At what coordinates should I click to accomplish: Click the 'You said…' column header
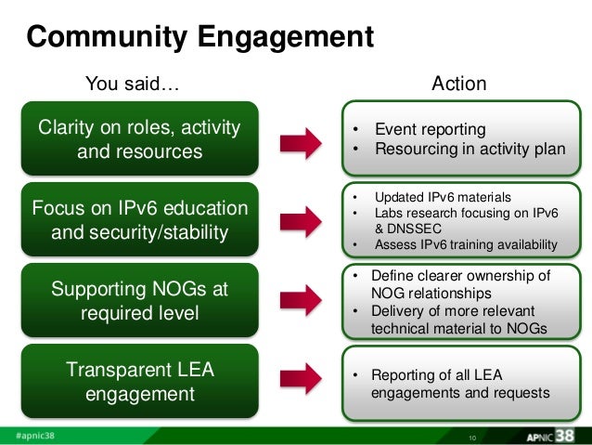click(x=132, y=85)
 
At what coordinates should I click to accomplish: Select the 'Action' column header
click(x=459, y=85)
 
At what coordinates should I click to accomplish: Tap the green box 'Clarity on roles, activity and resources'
click(x=139, y=138)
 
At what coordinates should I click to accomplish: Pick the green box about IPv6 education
click(x=139, y=219)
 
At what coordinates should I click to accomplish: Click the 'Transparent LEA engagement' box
click(x=139, y=382)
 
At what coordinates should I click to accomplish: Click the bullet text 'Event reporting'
click(x=430, y=129)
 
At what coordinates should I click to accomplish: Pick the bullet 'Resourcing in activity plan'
click(x=470, y=149)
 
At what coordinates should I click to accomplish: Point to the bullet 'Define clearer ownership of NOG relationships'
click(x=459, y=284)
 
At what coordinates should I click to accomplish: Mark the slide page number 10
click(x=472, y=437)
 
